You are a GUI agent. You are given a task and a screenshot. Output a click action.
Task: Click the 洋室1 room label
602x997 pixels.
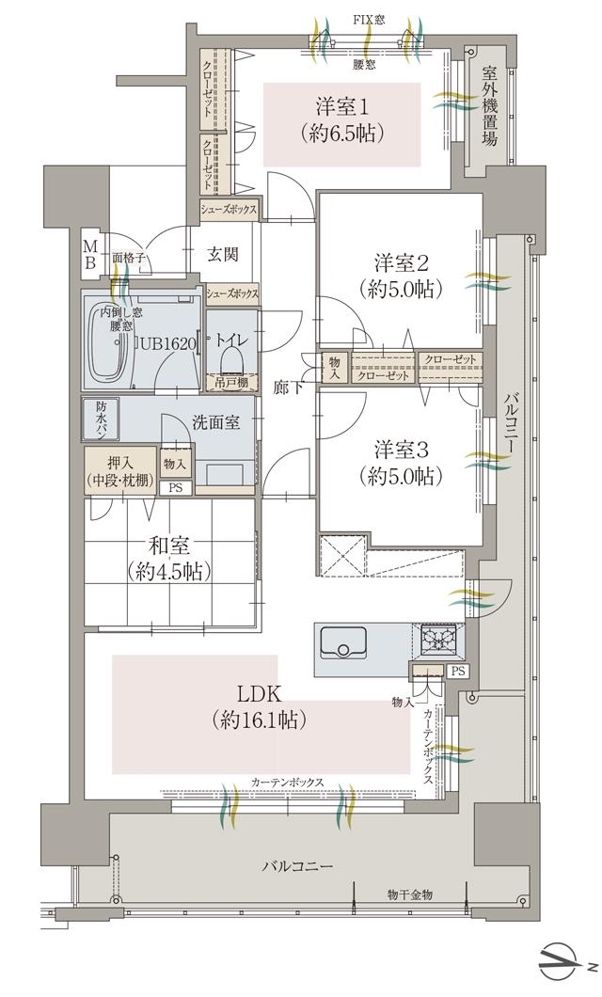coord(341,119)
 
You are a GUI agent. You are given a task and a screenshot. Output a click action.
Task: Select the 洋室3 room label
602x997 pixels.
coord(393,463)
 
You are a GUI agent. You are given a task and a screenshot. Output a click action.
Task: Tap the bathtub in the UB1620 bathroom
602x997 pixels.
coord(111,344)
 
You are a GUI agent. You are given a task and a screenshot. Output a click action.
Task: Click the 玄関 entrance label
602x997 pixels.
coord(223,254)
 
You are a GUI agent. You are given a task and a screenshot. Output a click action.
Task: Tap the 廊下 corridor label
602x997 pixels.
coord(288,387)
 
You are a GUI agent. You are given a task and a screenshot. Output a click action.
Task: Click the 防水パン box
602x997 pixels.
coord(102,419)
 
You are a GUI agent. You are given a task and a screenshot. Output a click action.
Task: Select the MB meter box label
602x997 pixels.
coord(89,252)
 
